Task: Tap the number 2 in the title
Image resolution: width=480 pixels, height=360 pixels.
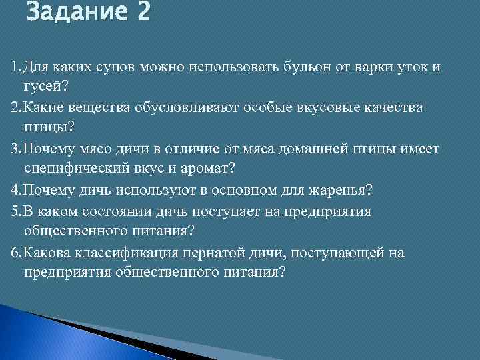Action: tap(143, 13)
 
